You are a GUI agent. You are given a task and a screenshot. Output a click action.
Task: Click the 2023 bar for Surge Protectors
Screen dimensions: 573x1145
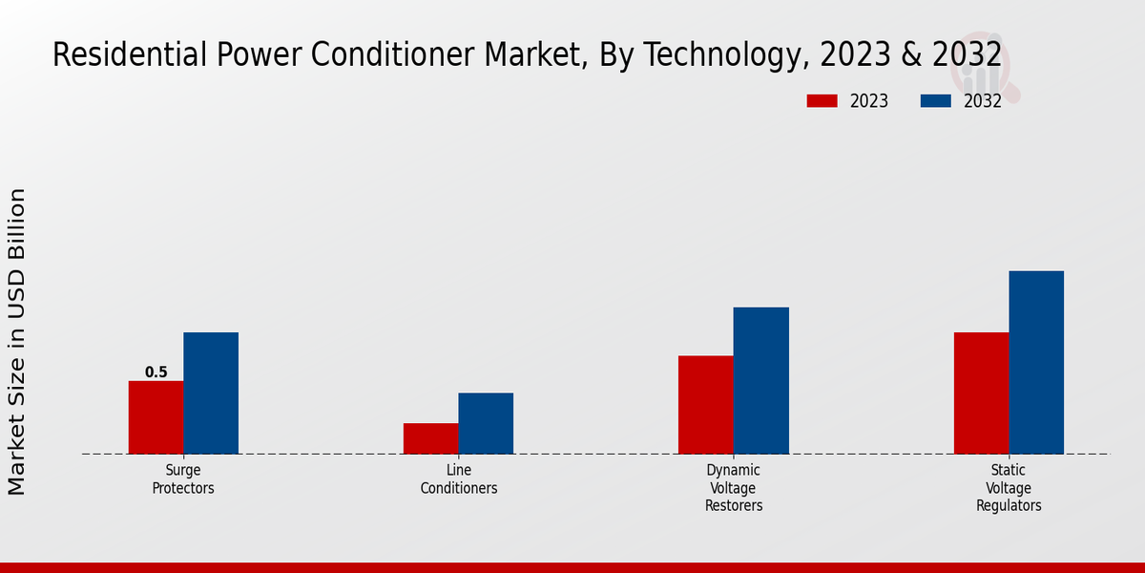(x=156, y=417)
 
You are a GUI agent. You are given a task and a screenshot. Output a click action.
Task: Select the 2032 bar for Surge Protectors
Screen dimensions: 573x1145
(x=211, y=393)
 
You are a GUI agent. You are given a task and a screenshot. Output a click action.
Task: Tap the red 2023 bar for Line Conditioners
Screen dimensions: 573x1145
(x=430, y=438)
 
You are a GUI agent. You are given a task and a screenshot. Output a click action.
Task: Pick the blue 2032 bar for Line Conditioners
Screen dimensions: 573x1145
(x=486, y=423)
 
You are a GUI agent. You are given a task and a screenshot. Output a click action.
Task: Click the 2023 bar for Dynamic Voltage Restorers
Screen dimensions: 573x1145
(x=706, y=405)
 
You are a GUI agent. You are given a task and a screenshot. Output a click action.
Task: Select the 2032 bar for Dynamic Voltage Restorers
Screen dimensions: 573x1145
(x=761, y=380)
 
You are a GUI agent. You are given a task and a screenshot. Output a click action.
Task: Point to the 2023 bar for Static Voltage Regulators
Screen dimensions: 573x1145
(x=981, y=393)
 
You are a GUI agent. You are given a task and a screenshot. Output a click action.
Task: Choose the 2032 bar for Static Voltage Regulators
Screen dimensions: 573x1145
(x=1036, y=362)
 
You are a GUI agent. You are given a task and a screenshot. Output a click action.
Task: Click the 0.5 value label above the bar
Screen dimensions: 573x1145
(x=156, y=372)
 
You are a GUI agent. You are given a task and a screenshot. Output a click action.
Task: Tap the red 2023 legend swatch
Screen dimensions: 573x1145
(x=822, y=101)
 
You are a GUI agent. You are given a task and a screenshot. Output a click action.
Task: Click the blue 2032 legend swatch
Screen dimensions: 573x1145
(x=936, y=101)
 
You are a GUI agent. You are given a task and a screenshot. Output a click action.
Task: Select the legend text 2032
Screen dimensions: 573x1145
(x=982, y=101)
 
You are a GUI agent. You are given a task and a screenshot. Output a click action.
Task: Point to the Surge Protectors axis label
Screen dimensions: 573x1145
(x=183, y=479)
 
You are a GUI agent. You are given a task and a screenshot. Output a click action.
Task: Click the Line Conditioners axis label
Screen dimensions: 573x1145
(x=459, y=479)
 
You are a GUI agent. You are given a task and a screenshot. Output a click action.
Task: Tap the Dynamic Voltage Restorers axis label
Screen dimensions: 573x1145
(x=734, y=488)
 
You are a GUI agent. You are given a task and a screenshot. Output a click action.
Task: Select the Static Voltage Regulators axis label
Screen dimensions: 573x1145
(x=1009, y=488)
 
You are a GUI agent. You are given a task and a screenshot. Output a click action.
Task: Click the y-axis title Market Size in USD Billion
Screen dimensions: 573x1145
(x=17, y=342)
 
